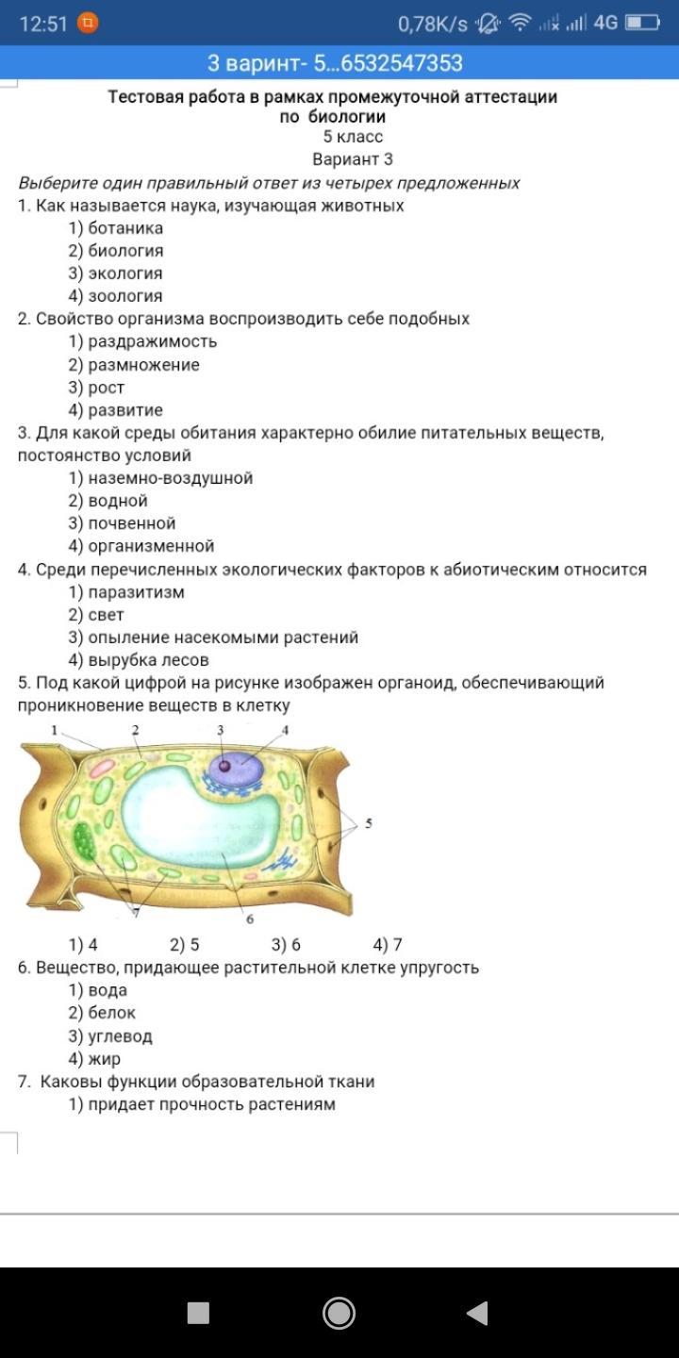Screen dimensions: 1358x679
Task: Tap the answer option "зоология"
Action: pyautogui.click(x=124, y=296)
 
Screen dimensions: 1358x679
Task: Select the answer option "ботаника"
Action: pyautogui.click(x=124, y=228)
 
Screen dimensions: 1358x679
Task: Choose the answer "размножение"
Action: pyautogui.click(x=143, y=365)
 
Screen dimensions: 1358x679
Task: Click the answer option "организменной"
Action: pyautogui.click(x=151, y=546)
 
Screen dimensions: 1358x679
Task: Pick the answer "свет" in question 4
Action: pyautogui.click(x=106, y=615)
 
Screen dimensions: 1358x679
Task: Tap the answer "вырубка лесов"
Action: pyautogui.click(x=148, y=660)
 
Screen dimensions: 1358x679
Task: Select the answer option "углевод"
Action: pyautogui.click(x=120, y=1036)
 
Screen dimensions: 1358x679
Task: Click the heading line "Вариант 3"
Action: pyautogui.click(x=353, y=159)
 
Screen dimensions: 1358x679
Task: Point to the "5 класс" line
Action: pyautogui.click(x=353, y=138)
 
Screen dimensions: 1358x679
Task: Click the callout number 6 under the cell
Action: pyautogui.click(x=250, y=919)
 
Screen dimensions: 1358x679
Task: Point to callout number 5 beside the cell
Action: pyautogui.click(x=369, y=823)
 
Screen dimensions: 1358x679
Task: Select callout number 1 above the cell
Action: pyautogui.click(x=55, y=730)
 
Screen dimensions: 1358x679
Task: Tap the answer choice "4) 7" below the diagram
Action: pyautogui.click(x=388, y=945)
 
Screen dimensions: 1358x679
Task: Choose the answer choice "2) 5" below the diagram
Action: pyautogui.click(x=185, y=945)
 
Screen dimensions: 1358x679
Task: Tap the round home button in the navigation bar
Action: pyautogui.click(x=339, y=1313)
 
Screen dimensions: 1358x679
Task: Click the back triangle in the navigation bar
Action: pyautogui.click(x=477, y=1313)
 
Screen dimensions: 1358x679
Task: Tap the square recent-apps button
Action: pyautogui.click(x=198, y=1313)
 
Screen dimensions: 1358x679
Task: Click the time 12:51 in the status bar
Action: pyautogui.click(x=43, y=24)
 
